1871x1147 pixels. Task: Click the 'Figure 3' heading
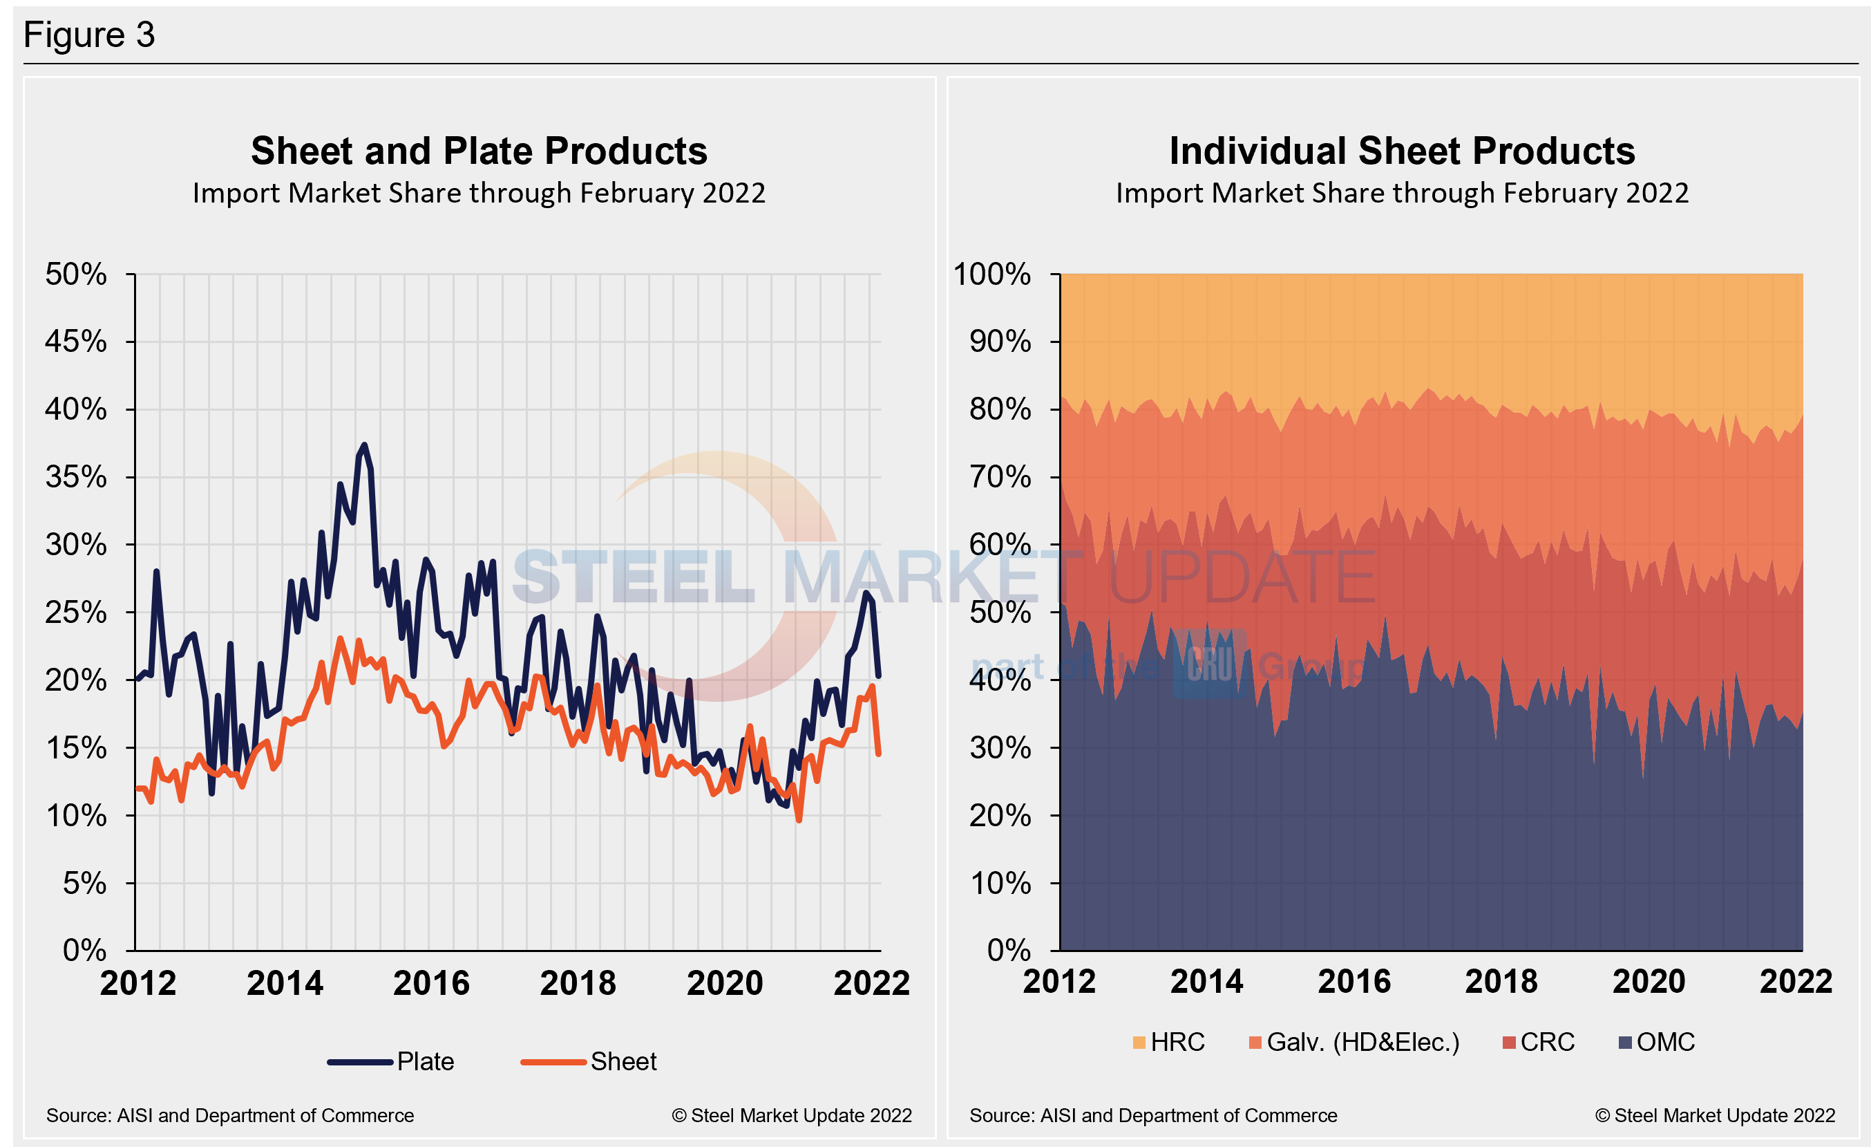(x=89, y=35)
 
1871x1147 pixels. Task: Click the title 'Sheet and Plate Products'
(x=478, y=151)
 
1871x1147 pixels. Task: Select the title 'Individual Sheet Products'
(x=1402, y=151)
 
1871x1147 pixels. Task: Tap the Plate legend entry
(x=391, y=1061)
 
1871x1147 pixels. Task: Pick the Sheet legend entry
(x=589, y=1061)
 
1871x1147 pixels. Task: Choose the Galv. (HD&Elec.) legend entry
(x=1354, y=1041)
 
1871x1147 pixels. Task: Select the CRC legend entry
(x=1539, y=1041)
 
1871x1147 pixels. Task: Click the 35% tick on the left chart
(x=76, y=477)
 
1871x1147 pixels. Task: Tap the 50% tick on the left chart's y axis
(x=76, y=274)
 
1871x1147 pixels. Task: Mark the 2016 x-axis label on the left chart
(x=431, y=983)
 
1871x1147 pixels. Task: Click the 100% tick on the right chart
(x=991, y=274)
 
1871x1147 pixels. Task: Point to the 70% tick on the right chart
(x=1000, y=477)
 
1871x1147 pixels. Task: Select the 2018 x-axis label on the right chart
(x=1501, y=981)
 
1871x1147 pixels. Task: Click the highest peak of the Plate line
(x=363, y=445)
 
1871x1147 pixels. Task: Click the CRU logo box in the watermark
(x=1210, y=662)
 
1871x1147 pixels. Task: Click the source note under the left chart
(x=230, y=1115)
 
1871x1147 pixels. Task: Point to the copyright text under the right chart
(x=1715, y=1115)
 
